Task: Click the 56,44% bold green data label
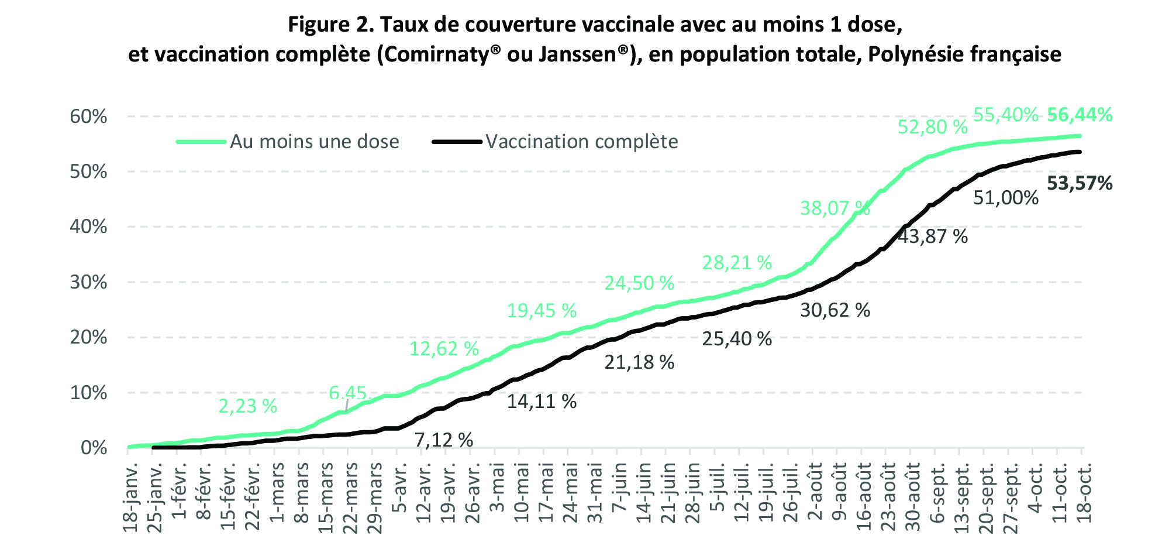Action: (1080, 115)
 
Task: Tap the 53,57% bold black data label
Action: (1080, 184)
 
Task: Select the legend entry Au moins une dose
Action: (314, 142)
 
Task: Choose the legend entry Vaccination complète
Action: (581, 142)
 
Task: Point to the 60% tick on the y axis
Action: (89, 116)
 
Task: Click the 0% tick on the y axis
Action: (94, 448)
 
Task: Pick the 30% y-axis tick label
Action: (89, 283)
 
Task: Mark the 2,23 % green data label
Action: (248, 406)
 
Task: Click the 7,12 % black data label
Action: (444, 440)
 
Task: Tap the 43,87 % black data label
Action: (933, 236)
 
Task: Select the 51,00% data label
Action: (1006, 198)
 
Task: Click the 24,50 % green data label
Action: (639, 284)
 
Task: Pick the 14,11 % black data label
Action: (542, 402)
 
